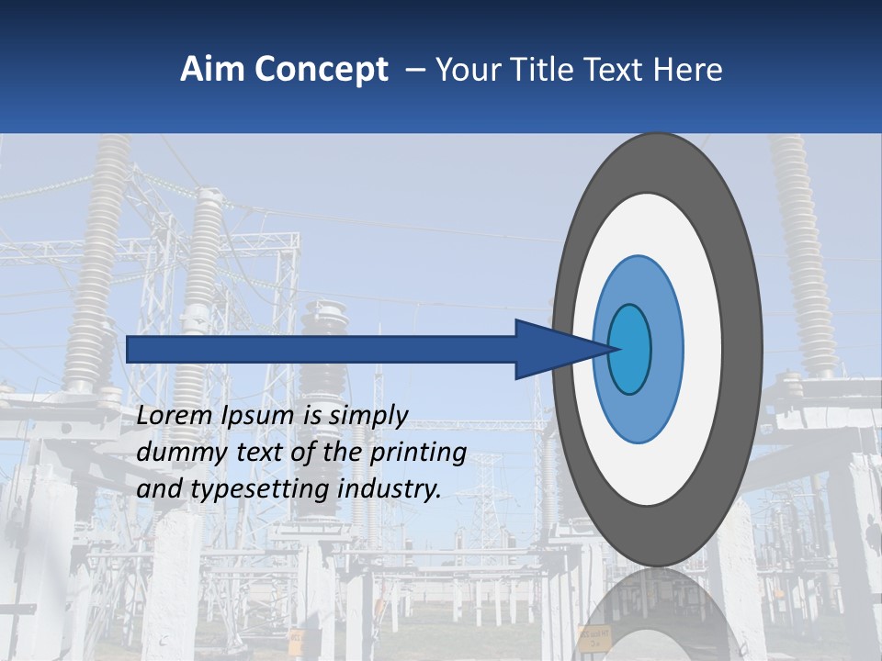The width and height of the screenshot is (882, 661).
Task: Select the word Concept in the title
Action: point(322,70)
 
